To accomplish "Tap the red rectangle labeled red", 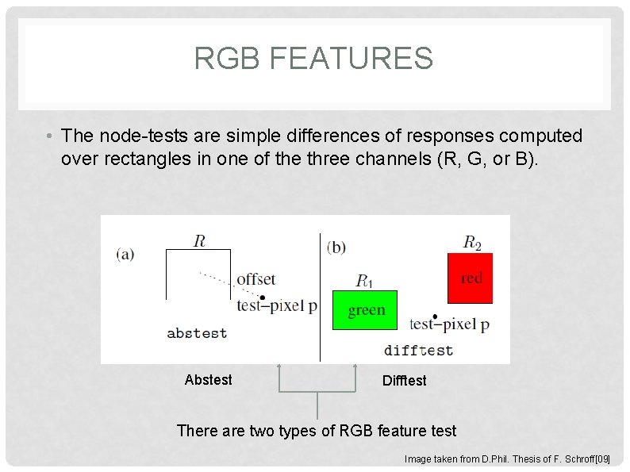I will pos(470,278).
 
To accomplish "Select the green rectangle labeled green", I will pos(364,310).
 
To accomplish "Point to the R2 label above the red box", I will pos(472,242).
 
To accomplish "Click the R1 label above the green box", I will pos(364,280).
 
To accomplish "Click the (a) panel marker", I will pos(125,254).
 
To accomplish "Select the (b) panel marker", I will pos(336,248).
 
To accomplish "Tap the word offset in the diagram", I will pos(256,279).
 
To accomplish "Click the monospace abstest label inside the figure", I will pos(197,333).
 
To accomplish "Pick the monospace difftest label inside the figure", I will pos(418,350).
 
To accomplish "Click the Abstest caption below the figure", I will pos(208,380).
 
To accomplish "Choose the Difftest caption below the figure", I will pos(404,381).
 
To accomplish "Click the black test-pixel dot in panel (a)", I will pos(263,297).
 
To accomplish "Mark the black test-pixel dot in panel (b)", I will pos(435,317).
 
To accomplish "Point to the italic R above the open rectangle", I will pos(201,240).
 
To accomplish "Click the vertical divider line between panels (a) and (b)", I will pos(320,297).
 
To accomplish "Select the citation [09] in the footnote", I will pos(602,459).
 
